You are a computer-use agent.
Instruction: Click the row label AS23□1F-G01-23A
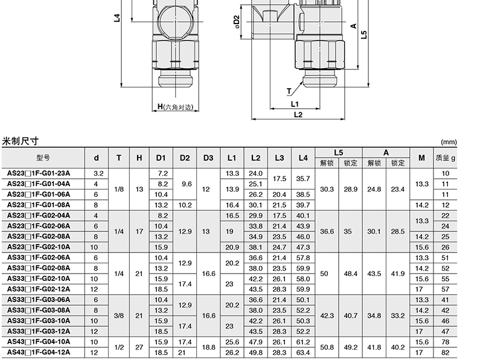click(39, 173)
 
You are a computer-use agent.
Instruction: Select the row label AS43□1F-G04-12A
click(39, 352)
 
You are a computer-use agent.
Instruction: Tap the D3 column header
click(208, 158)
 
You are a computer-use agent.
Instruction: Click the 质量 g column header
click(445, 158)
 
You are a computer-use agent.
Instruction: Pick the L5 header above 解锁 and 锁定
click(339, 153)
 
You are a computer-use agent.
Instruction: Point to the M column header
click(421, 158)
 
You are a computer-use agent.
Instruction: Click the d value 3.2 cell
click(98, 173)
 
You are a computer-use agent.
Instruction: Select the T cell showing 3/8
click(119, 316)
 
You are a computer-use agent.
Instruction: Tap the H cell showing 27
click(139, 347)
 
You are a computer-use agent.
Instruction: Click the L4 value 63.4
click(303, 352)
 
